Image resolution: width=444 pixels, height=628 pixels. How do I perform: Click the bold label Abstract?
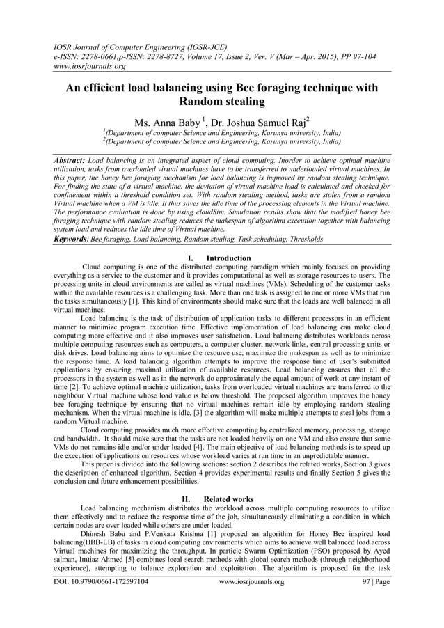point(70,160)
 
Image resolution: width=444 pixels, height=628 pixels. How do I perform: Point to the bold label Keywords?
point(71,239)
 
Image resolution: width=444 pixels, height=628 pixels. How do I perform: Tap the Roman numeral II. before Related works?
point(187,499)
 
